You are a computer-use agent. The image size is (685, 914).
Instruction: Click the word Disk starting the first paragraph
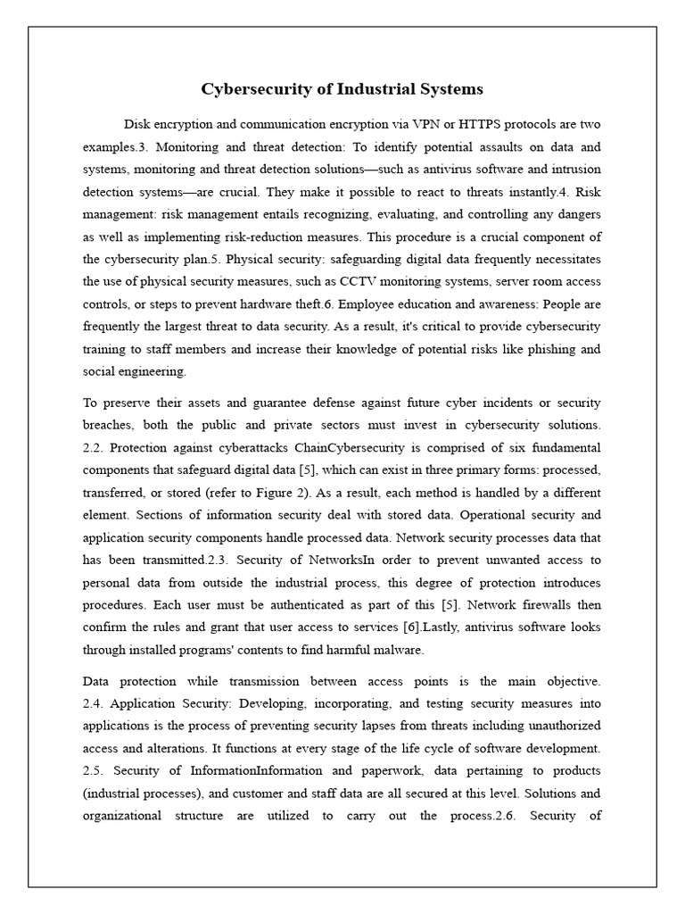coord(138,123)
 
